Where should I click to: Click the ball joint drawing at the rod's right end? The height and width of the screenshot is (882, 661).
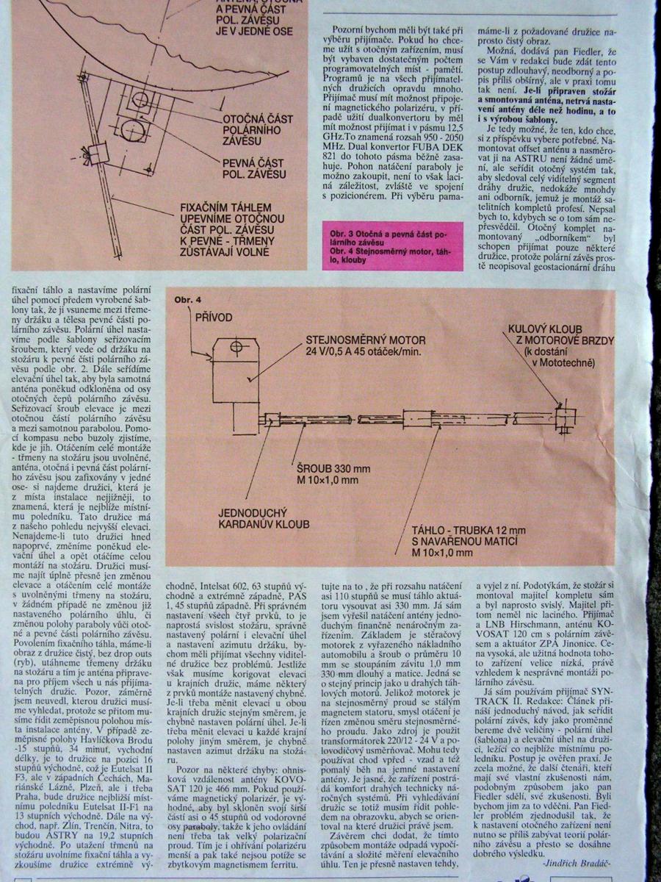[x=562, y=416]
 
